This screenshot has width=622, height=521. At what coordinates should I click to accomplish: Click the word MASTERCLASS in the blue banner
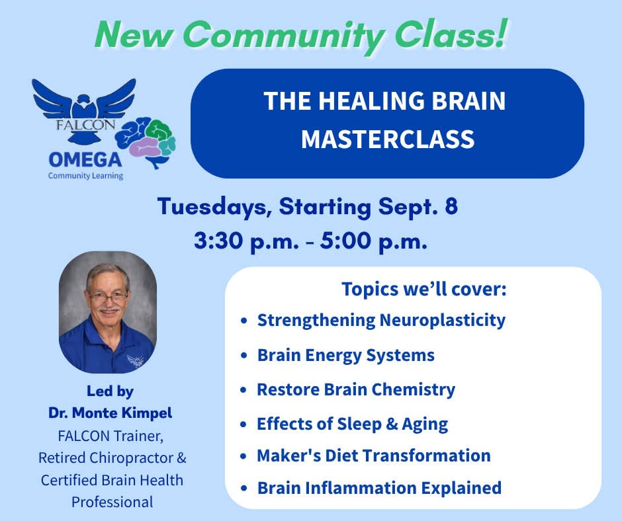pyautogui.click(x=388, y=139)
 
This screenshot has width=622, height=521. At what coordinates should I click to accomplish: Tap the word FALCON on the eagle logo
pyautogui.click(x=85, y=125)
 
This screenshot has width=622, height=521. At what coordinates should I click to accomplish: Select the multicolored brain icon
pyautogui.click(x=145, y=142)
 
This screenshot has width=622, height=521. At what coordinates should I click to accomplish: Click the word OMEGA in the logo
pyautogui.click(x=85, y=160)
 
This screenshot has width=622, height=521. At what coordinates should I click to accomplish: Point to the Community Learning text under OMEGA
pyautogui.click(x=85, y=176)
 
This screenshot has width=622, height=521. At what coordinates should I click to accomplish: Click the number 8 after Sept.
pyautogui.click(x=451, y=206)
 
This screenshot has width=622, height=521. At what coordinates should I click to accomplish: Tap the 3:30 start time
pyautogui.click(x=219, y=240)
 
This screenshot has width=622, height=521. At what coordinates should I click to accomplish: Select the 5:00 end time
pyautogui.click(x=345, y=240)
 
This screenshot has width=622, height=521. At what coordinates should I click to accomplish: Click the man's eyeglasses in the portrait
pyautogui.click(x=109, y=296)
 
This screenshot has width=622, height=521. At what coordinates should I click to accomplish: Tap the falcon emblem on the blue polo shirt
pyautogui.click(x=135, y=360)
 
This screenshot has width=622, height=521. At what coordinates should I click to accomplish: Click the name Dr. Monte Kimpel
pyautogui.click(x=111, y=413)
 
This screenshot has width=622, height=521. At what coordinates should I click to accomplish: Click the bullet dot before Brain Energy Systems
pyautogui.click(x=244, y=355)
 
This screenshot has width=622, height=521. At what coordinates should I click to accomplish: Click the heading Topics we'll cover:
pyautogui.click(x=424, y=289)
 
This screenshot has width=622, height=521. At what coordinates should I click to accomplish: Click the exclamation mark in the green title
pyautogui.click(x=501, y=33)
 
